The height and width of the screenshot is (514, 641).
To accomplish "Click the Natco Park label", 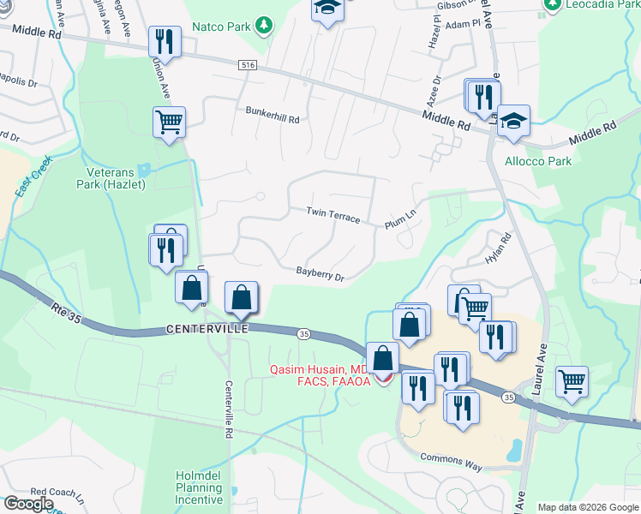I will (225, 27).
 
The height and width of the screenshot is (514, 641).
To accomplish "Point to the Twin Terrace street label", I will (333, 215).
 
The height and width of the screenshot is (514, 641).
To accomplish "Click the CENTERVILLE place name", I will (207, 329).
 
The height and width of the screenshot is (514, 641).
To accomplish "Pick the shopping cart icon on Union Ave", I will (169, 122).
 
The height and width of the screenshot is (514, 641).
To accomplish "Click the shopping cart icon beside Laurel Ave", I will (572, 380).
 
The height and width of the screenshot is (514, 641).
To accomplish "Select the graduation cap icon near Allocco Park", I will (513, 121).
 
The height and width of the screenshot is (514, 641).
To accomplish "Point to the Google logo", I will (28, 504).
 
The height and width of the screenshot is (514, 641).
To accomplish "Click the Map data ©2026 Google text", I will (587, 507).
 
